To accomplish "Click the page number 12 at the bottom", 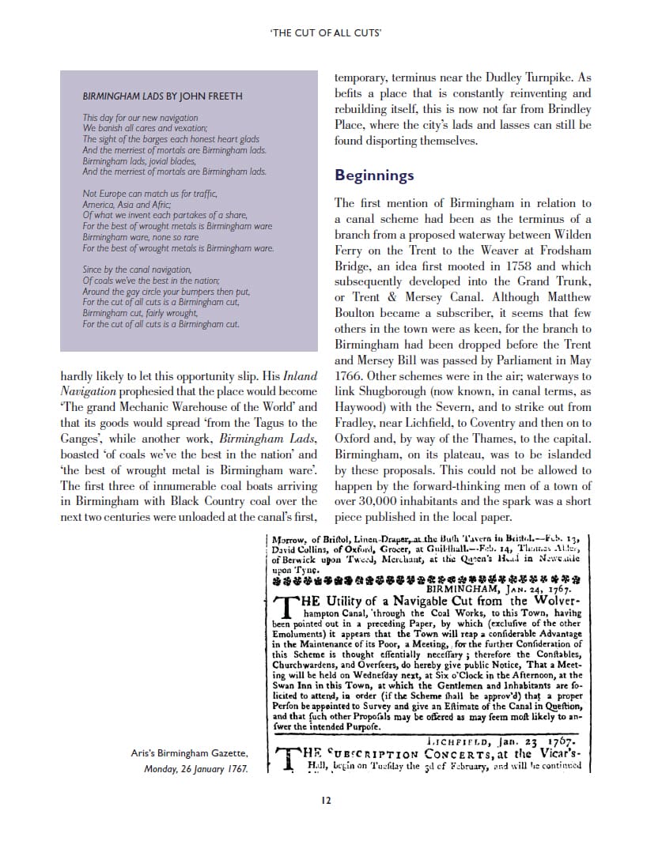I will point(325,799).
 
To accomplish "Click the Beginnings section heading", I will point(374,175).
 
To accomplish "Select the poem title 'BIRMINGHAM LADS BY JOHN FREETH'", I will point(163,96).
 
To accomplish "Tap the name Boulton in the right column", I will point(354,313).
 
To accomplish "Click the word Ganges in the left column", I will point(82,439).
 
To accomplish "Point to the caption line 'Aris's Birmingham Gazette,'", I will point(189,753).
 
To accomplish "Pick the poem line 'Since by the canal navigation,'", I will point(137,270).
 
